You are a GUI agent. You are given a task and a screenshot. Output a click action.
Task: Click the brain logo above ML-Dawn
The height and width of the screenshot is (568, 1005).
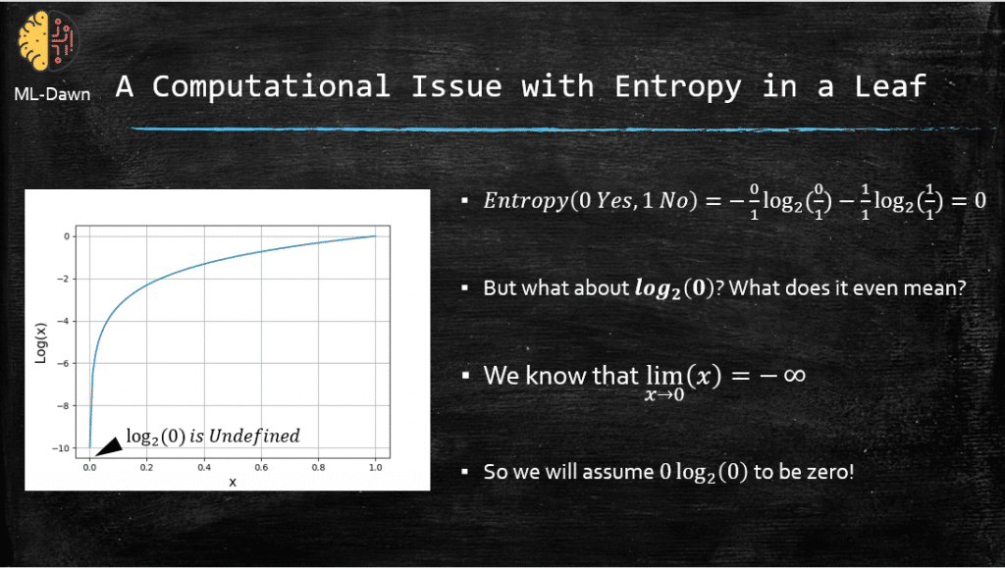(47, 40)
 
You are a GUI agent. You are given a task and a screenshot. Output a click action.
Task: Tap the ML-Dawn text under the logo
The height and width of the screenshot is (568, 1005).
(52, 94)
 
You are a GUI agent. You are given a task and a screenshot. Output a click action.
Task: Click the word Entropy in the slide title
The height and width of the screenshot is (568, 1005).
(677, 86)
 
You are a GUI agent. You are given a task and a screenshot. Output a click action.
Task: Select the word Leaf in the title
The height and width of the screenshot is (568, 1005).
(890, 85)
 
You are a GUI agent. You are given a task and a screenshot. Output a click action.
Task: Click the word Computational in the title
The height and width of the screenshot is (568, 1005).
(271, 86)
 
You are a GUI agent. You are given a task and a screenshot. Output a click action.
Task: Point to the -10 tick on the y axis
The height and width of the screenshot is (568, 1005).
(61, 448)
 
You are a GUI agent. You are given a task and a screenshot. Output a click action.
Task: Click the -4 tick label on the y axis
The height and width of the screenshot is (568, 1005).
(64, 321)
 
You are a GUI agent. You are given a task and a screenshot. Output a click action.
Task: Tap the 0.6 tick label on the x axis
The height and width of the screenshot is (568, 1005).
(261, 467)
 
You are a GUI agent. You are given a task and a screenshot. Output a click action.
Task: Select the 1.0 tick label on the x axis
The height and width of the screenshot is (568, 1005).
(376, 467)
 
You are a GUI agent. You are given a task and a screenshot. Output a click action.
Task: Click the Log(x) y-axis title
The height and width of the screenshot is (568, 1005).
(40, 343)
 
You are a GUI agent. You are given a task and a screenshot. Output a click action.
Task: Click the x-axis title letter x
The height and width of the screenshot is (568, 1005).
(233, 483)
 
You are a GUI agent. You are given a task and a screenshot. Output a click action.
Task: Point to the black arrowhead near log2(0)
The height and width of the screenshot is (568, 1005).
(109, 447)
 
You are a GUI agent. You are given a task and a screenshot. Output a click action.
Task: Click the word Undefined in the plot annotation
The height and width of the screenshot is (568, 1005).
(254, 437)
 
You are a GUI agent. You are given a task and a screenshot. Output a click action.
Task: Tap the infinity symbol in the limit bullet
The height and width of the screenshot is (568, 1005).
(793, 375)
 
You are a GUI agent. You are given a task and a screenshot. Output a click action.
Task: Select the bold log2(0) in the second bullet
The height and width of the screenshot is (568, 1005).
(674, 288)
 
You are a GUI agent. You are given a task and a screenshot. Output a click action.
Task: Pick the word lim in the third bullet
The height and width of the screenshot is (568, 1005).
(664, 376)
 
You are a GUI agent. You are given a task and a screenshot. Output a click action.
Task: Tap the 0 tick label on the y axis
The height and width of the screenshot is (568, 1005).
(67, 236)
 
